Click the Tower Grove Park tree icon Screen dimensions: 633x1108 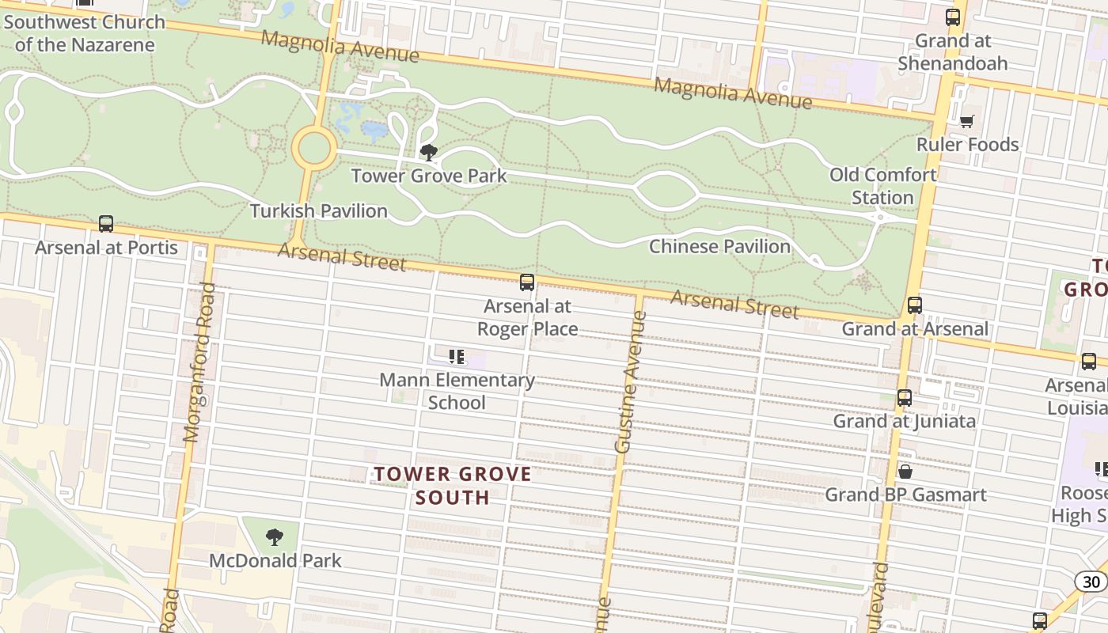428,152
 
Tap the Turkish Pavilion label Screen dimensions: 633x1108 319,211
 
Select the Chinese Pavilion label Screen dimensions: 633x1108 719,246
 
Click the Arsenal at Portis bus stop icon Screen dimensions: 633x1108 106,224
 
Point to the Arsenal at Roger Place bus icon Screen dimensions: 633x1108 527,282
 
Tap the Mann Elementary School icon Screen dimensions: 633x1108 457,357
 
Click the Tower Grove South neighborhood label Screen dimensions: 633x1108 453,485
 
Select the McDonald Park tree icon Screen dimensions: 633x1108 275,537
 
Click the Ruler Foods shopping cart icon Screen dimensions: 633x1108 966,121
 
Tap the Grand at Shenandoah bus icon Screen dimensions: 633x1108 953,17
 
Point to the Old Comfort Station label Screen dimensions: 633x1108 882,186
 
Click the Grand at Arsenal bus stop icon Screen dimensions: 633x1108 915,305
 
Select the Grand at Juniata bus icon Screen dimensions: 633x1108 905,398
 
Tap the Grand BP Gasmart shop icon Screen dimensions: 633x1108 905,472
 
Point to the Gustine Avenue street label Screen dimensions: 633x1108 628,382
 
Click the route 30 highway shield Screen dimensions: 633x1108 1091,582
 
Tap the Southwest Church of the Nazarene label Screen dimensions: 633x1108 84,33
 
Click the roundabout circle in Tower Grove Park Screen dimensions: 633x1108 314,148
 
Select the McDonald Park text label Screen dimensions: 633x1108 275,560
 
